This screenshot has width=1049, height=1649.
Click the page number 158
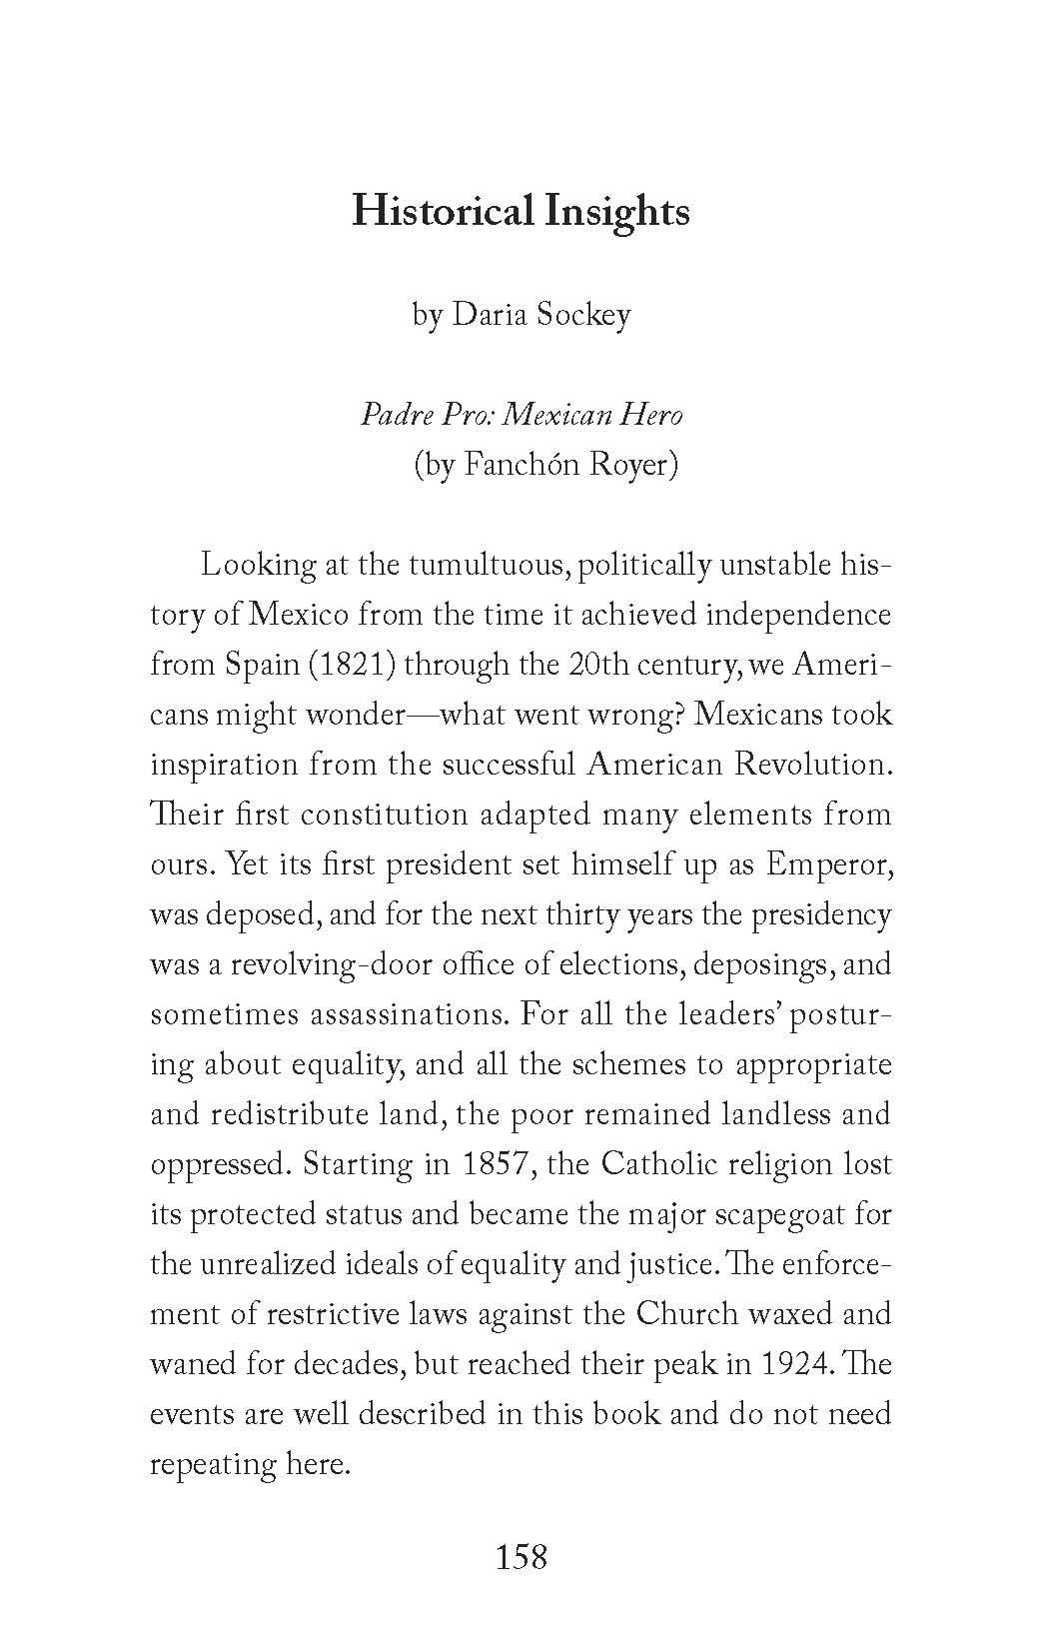[x=522, y=1556]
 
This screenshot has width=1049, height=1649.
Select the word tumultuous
[x=485, y=565]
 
